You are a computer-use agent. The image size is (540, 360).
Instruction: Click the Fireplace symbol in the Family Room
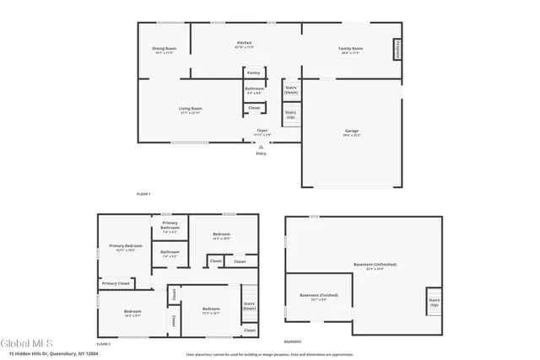(396, 49)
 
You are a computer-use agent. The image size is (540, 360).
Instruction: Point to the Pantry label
(253, 73)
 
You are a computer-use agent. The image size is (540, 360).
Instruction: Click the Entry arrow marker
(261, 147)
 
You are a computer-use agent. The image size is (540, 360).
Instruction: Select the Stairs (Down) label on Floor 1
(291, 89)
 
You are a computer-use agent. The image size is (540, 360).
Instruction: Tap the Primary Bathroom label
(170, 225)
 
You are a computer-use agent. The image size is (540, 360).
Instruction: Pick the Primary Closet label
(116, 283)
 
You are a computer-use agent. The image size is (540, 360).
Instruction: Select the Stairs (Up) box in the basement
(435, 301)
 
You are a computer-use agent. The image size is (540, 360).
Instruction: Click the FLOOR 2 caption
(104, 344)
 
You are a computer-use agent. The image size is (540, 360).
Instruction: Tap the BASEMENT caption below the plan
(293, 341)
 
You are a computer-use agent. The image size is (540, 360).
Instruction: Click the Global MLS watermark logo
(26, 343)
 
